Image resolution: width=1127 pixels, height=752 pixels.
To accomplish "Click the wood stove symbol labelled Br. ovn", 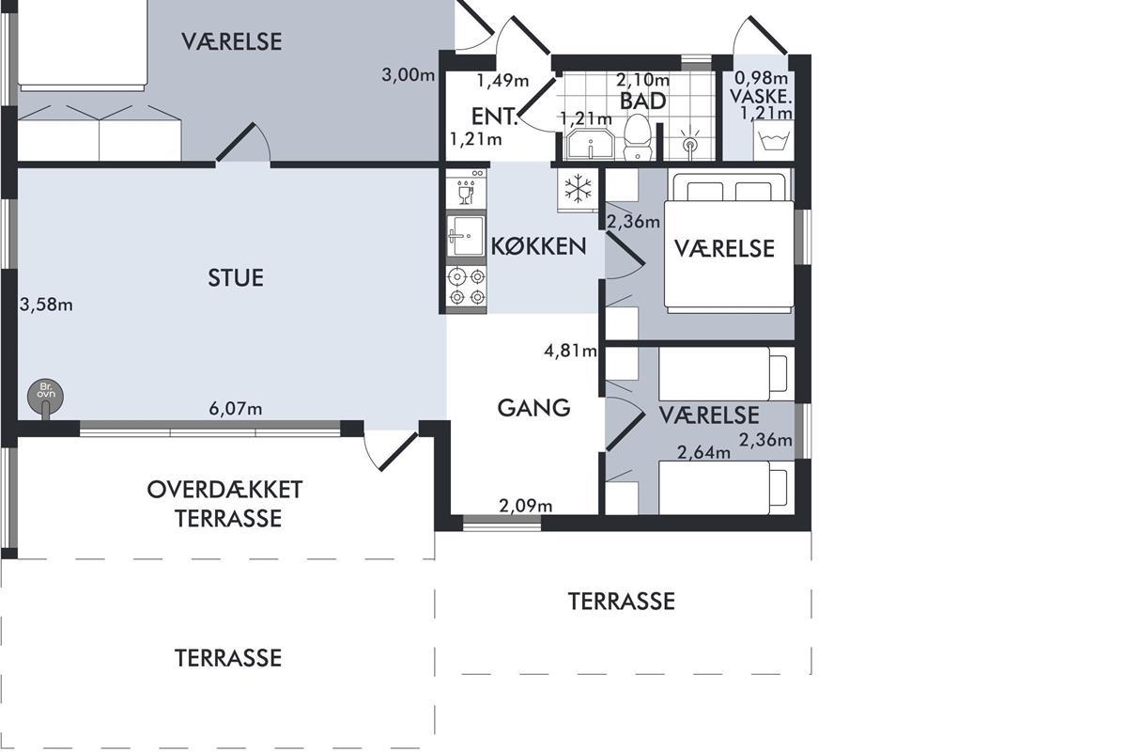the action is (x=45, y=395).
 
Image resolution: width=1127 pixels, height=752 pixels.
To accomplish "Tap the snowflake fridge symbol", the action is (x=579, y=190).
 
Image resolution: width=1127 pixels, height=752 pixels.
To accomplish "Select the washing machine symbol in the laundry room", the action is (x=774, y=140).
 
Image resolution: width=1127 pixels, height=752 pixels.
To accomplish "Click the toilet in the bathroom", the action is (x=638, y=137).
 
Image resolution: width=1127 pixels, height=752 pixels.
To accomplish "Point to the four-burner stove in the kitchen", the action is (x=467, y=287).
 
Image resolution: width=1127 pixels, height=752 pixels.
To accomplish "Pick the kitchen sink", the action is (x=466, y=236).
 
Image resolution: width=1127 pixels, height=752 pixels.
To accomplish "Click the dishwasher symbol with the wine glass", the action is (x=466, y=189).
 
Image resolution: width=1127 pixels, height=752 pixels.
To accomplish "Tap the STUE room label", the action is (x=236, y=278).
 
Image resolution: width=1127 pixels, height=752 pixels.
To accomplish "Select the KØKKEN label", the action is (x=538, y=246).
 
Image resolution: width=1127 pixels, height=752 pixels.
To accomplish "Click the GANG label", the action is (x=533, y=408).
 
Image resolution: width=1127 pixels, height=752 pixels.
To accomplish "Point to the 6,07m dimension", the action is (x=236, y=409).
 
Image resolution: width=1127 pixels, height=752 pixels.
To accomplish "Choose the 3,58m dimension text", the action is (x=46, y=305).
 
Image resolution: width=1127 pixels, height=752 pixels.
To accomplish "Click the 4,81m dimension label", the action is (x=571, y=351).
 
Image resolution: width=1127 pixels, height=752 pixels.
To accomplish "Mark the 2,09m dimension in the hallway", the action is (x=525, y=505).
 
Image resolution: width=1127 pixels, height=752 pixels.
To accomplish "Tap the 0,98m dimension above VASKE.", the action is (x=762, y=78).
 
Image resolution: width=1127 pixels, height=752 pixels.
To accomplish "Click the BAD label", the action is (x=643, y=102).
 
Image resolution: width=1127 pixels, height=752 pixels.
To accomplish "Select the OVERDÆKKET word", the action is (x=224, y=490).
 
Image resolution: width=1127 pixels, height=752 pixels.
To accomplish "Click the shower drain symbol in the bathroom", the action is (x=689, y=146).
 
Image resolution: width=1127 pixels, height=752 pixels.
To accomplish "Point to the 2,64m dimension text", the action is (x=703, y=453).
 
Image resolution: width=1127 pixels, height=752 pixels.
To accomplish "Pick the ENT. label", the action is (x=495, y=117).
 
